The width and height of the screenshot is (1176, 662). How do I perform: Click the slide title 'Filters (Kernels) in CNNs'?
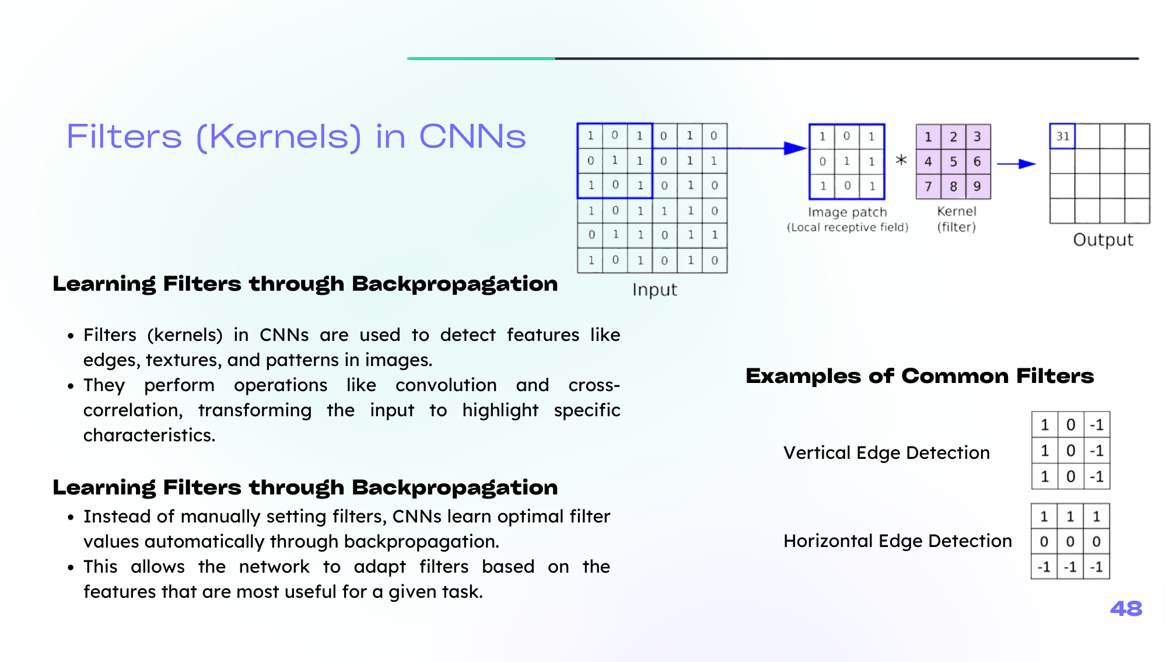coord(296,137)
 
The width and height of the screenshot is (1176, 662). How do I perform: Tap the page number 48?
coord(1126,609)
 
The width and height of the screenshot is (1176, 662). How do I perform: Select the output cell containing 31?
coord(1062,136)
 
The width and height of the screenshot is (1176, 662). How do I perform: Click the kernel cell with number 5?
coord(953,161)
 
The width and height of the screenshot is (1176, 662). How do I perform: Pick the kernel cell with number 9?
coord(978,186)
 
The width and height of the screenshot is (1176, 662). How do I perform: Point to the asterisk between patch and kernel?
coord(901,160)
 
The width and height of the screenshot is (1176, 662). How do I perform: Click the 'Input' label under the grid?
coord(654,290)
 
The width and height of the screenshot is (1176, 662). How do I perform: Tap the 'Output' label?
coord(1103,240)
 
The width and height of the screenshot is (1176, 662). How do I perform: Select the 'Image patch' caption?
coord(847,212)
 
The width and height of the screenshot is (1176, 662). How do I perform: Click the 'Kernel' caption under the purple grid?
coord(957,211)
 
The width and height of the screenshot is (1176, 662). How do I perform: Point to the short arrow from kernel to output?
coord(1016,164)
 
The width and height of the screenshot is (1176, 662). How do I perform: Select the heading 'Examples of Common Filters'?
coord(920,376)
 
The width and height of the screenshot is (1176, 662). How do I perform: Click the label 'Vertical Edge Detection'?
coord(887,452)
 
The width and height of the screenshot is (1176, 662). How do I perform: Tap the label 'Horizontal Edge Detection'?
coord(898,541)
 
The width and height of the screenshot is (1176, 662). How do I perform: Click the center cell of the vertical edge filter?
coord(1070,451)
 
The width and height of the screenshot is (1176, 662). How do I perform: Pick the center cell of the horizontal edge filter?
coord(1070,542)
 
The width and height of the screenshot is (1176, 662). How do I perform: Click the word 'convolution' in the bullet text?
coord(446,385)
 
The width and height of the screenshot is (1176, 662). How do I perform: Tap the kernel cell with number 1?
coord(928,137)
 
